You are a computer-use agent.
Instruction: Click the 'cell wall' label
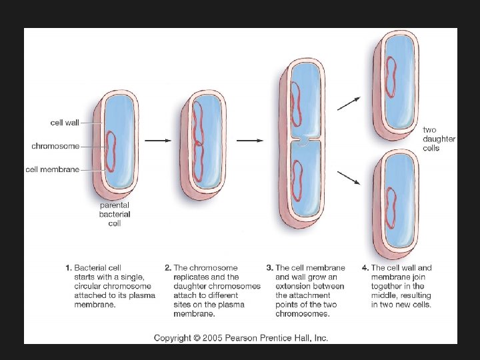(65, 123)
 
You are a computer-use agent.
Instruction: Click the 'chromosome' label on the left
(55, 146)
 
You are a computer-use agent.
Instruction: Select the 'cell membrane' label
(53, 169)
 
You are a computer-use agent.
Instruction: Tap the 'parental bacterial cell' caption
(115, 215)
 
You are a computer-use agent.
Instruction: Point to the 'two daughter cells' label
(439, 139)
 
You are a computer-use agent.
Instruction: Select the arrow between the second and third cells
(250, 140)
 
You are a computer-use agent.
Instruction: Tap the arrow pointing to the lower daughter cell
(350, 178)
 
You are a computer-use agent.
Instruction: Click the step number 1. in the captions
(68, 268)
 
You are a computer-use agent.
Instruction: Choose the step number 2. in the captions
(167, 268)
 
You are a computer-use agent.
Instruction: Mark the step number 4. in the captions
(365, 268)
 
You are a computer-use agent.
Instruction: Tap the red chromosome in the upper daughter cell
(391, 76)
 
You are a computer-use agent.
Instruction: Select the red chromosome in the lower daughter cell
(391, 209)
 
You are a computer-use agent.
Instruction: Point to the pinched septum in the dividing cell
(304, 141)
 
